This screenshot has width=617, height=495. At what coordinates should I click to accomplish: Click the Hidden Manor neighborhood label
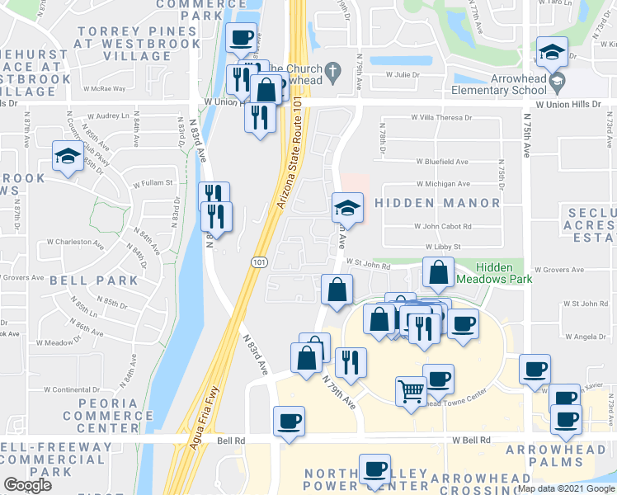tap(437, 203)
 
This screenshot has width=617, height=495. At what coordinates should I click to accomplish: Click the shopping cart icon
tap(411, 390)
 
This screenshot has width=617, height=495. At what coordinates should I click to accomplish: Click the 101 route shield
tap(258, 261)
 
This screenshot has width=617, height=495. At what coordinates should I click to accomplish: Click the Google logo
tap(27, 485)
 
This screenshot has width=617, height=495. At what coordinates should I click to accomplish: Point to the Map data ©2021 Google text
tap(566, 488)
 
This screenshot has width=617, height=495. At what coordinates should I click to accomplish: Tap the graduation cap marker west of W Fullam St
tap(67, 156)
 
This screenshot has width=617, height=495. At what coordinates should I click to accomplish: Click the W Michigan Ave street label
tap(442, 184)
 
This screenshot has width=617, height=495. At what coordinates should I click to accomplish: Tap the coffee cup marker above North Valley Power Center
tap(375, 469)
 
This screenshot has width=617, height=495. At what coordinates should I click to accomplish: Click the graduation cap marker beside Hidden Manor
tap(347, 206)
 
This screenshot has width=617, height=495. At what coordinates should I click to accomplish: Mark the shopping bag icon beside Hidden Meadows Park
tap(439, 271)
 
